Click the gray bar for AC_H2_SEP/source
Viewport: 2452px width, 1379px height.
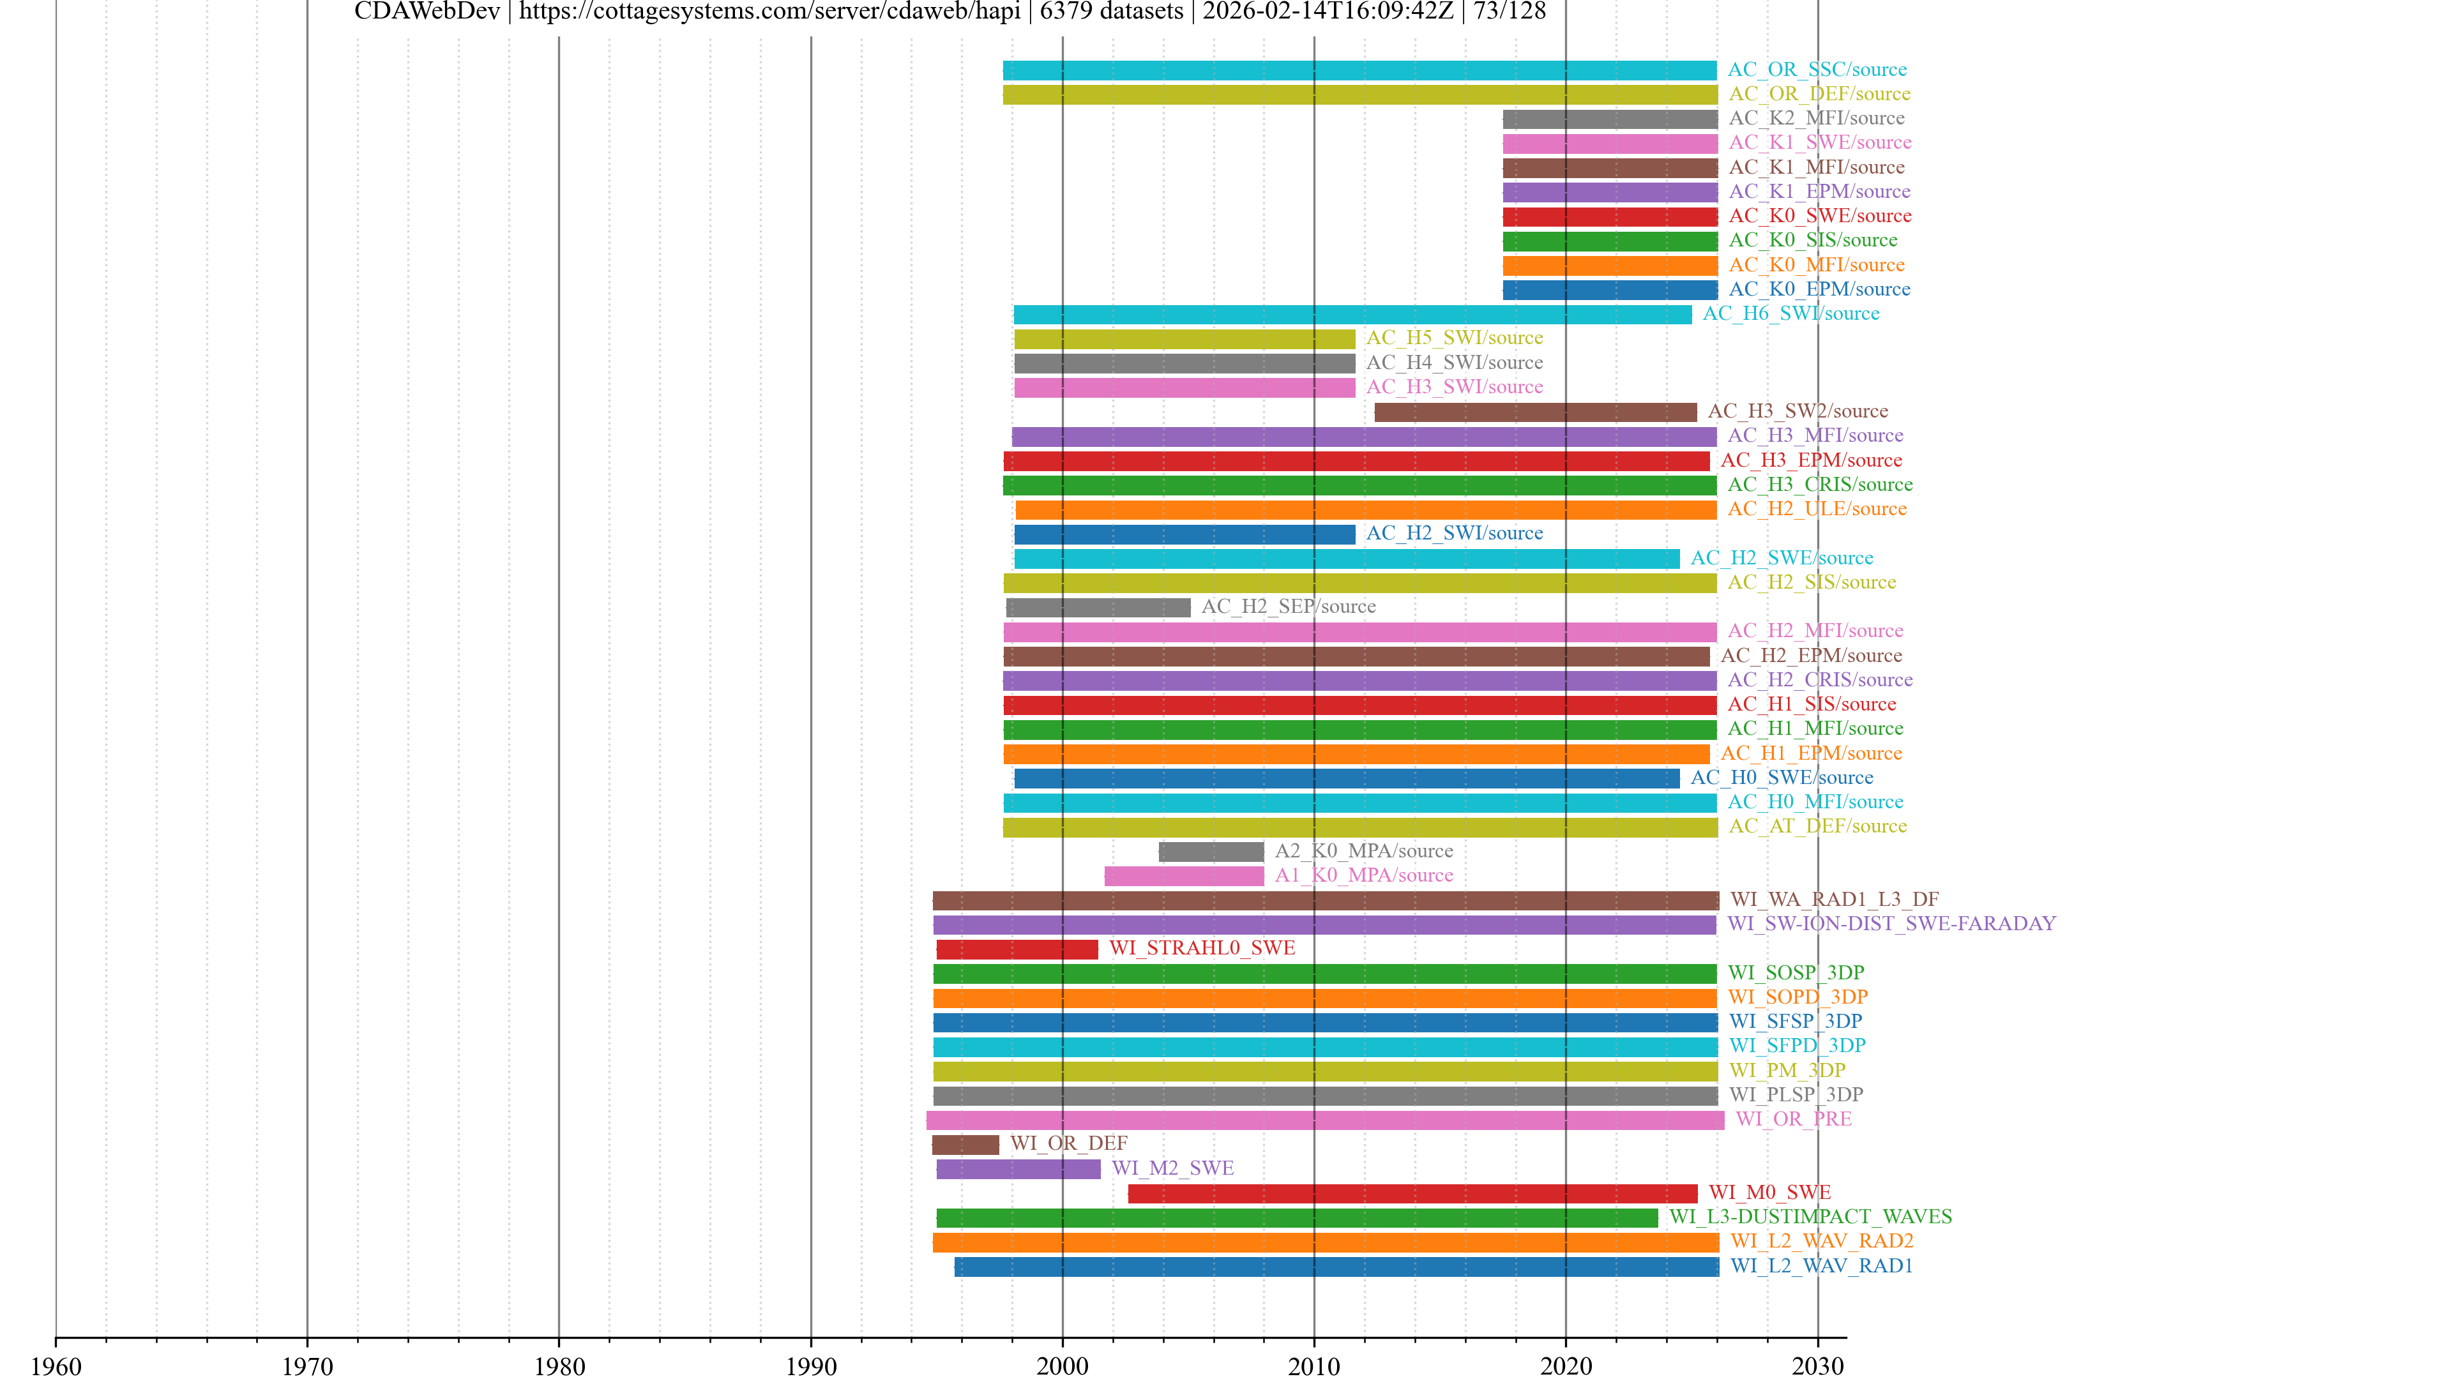[1098, 607]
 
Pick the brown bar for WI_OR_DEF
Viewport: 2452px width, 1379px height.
[965, 1144]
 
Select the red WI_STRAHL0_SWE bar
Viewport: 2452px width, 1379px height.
[1017, 949]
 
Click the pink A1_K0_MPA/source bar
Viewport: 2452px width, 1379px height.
[1183, 875]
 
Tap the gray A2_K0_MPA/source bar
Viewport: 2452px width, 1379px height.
[1211, 852]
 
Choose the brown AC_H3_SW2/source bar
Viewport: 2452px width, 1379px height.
[1534, 412]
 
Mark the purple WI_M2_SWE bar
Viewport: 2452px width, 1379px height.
[1018, 1169]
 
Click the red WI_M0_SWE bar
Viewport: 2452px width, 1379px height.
[1412, 1193]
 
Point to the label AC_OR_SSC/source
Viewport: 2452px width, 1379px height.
[1816, 70]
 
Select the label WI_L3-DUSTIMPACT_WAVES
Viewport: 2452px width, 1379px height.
[1810, 1216]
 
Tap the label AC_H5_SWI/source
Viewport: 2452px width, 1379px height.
[1453, 338]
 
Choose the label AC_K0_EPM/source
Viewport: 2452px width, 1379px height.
[1818, 289]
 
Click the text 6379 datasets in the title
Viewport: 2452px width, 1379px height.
[1111, 11]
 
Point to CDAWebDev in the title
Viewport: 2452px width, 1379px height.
[427, 11]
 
